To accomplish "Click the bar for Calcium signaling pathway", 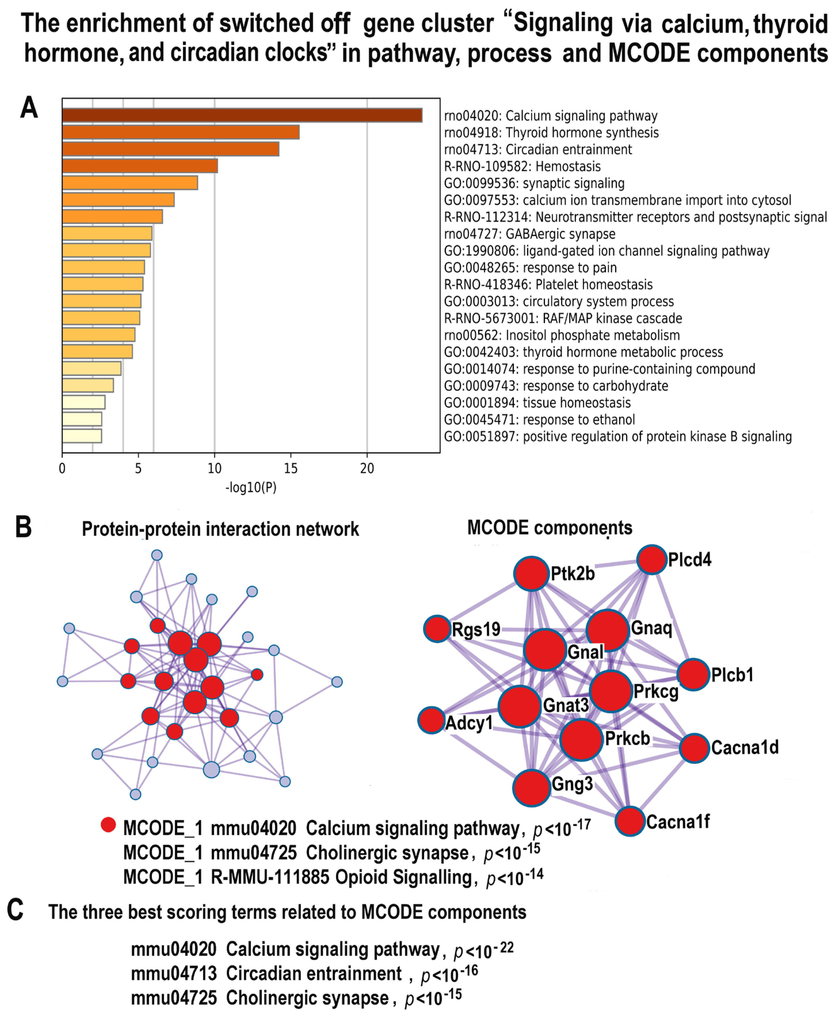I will point(242,115).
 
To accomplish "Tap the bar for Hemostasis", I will point(140,166).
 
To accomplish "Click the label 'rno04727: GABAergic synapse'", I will point(529,234).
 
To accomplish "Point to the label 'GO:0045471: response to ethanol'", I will point(539,420).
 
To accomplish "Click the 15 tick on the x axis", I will point(291,468).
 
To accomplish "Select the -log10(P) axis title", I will point(251,488).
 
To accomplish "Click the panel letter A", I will point(29,108).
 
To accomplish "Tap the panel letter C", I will point(15,910).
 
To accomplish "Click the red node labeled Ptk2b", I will point(531,573).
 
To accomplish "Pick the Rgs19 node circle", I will point(437,628).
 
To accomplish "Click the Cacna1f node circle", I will point(630,821).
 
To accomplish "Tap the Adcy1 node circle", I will point(431,720).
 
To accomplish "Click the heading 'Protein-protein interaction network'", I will point(220,529).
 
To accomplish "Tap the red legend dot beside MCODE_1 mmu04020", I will point(108,825).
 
